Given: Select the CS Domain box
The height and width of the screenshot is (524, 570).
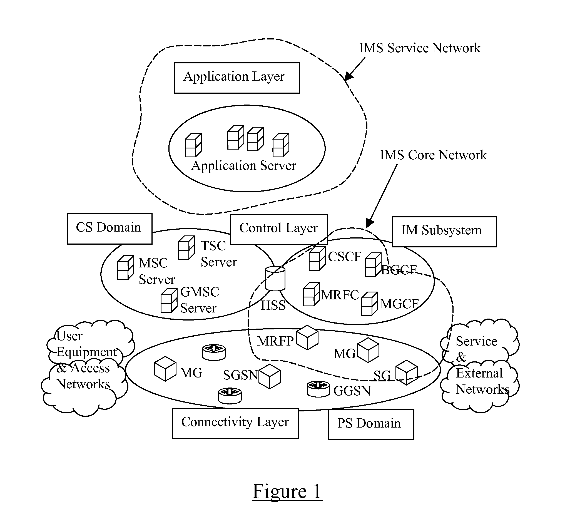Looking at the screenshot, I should pyautogui.click(x=109, y=229).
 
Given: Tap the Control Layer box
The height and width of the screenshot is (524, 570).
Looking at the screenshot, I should pyautogui.click(x=279, y=229).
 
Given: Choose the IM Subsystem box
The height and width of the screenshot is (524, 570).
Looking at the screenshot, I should pyautogui.click(x=444, y=232).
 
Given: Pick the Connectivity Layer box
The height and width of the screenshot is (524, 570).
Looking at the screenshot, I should pyautogui.click(x=235, y=423).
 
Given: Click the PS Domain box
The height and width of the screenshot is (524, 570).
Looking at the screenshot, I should pyautogui.click(x=371, y=424).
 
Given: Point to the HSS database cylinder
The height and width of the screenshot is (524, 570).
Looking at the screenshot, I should pyautogui.click(x=275, y=279).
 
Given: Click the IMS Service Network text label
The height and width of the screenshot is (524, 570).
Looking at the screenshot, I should pyautogui.click(x=419, y=48).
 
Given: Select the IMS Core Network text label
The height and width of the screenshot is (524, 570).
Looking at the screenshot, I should pyautogui.click(x=433, y=155).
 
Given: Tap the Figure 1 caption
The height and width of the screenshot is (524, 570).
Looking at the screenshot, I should pyautogui.click(x=287, y=491).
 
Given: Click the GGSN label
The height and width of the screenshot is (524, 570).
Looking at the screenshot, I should pyautogui.click(x=352, y=391).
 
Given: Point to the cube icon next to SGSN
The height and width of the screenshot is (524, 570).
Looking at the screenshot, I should pyautogui.click(x=270, y=376).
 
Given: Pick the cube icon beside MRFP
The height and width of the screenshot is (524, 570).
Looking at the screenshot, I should pyautogui.click(x=307, y=337).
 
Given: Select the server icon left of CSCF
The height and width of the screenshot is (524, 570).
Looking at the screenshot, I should pyautogui.click(x=317, y=258).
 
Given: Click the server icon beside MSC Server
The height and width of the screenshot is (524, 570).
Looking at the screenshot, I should pyautogui.click(x=126, y=267).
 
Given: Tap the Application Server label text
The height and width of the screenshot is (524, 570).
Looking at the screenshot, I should pyautogui.click(x=243, y=166).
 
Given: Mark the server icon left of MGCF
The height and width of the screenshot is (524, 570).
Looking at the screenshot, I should pyautogui.click(x=369, y=304).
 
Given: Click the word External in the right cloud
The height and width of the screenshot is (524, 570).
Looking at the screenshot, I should pyautogui.click(x=479, y=373).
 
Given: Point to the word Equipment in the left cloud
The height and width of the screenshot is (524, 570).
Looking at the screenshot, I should pyautogui.click(x=86, y=352).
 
